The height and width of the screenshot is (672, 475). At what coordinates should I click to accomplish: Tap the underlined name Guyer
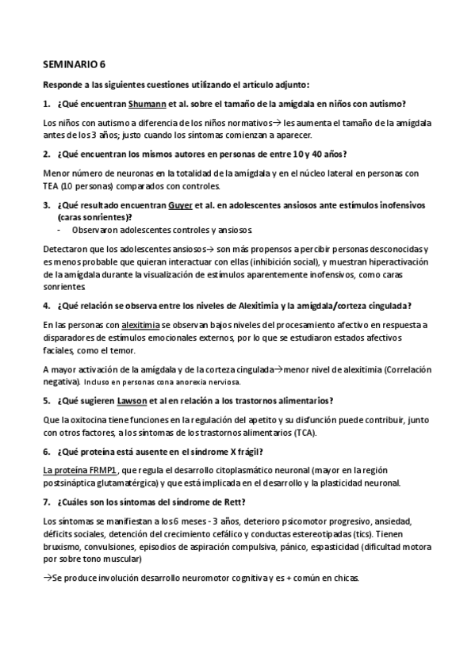183,204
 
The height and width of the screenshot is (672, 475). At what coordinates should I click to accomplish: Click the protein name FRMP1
101,470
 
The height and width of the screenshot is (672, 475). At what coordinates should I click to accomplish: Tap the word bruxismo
63,546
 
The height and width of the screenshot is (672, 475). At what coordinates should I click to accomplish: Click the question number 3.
47,204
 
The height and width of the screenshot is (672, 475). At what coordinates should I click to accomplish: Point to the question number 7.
47,502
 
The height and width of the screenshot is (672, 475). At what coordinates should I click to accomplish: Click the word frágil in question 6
243,451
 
